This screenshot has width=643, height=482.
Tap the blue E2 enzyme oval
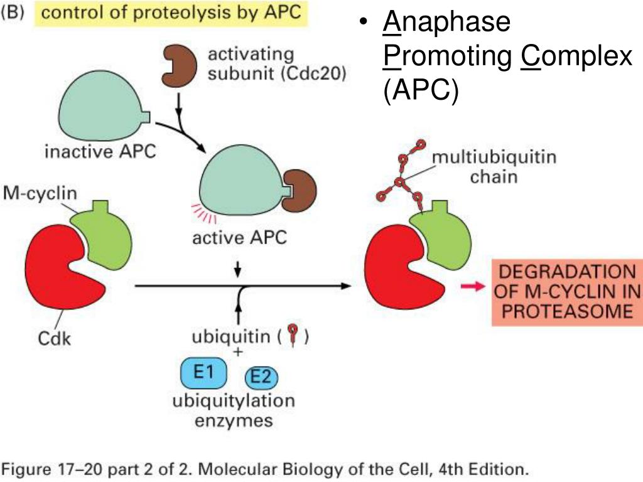coord(261,377)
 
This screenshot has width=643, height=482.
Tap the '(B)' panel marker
coord(13,14)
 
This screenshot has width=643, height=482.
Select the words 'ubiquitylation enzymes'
coord(234,410)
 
